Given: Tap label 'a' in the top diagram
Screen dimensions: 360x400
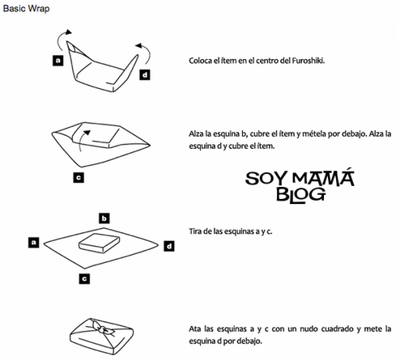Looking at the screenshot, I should (58, 60).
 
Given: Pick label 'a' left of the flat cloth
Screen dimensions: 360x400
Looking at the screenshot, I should (34, 241).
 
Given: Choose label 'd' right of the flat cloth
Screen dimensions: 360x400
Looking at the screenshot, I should (168, 245).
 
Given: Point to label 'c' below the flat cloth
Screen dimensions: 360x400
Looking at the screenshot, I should (84, 277).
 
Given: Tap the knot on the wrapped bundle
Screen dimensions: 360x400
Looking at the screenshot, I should (100, 329).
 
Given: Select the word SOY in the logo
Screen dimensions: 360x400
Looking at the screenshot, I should (262, 176).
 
